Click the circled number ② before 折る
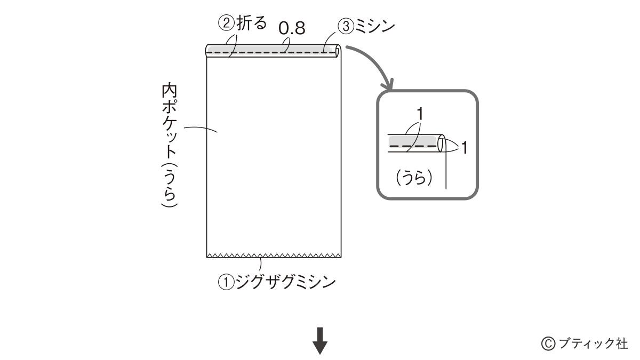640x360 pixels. tap(227, 23)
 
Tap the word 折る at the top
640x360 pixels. tap(252, 23)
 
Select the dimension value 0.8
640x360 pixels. tap(292, 28)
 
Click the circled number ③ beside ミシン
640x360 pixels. tap(346, 26)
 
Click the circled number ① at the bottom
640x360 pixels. tap(226, 283)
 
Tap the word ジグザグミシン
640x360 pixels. tap(286, 282)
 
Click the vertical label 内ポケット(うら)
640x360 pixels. tap(170, 145)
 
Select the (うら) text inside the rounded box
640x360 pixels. tap(414, 178)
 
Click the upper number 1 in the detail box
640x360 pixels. tap(420, 114)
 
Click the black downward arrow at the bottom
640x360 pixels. tap(319, 341)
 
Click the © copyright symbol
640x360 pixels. tap(548, 343)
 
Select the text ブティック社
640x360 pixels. tap(593, 343)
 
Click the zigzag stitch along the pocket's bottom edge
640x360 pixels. tap(274, 255)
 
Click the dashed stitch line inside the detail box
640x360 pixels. tap(413, 146)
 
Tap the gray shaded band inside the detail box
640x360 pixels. tap(413, 141)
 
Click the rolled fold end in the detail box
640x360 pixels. tap(442, 143)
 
